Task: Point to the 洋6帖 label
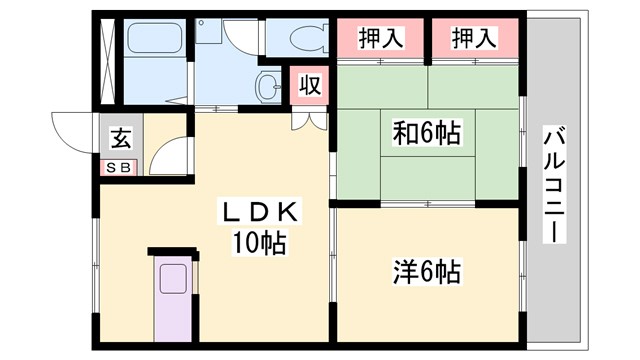pyautogui.click(x=427, y=271)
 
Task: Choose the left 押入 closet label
pyautogui.click(x=381, y=38)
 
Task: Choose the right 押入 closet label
pyautogui.click(x=474, y=38)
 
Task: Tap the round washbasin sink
pyautogui.click(x=269, y=87)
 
